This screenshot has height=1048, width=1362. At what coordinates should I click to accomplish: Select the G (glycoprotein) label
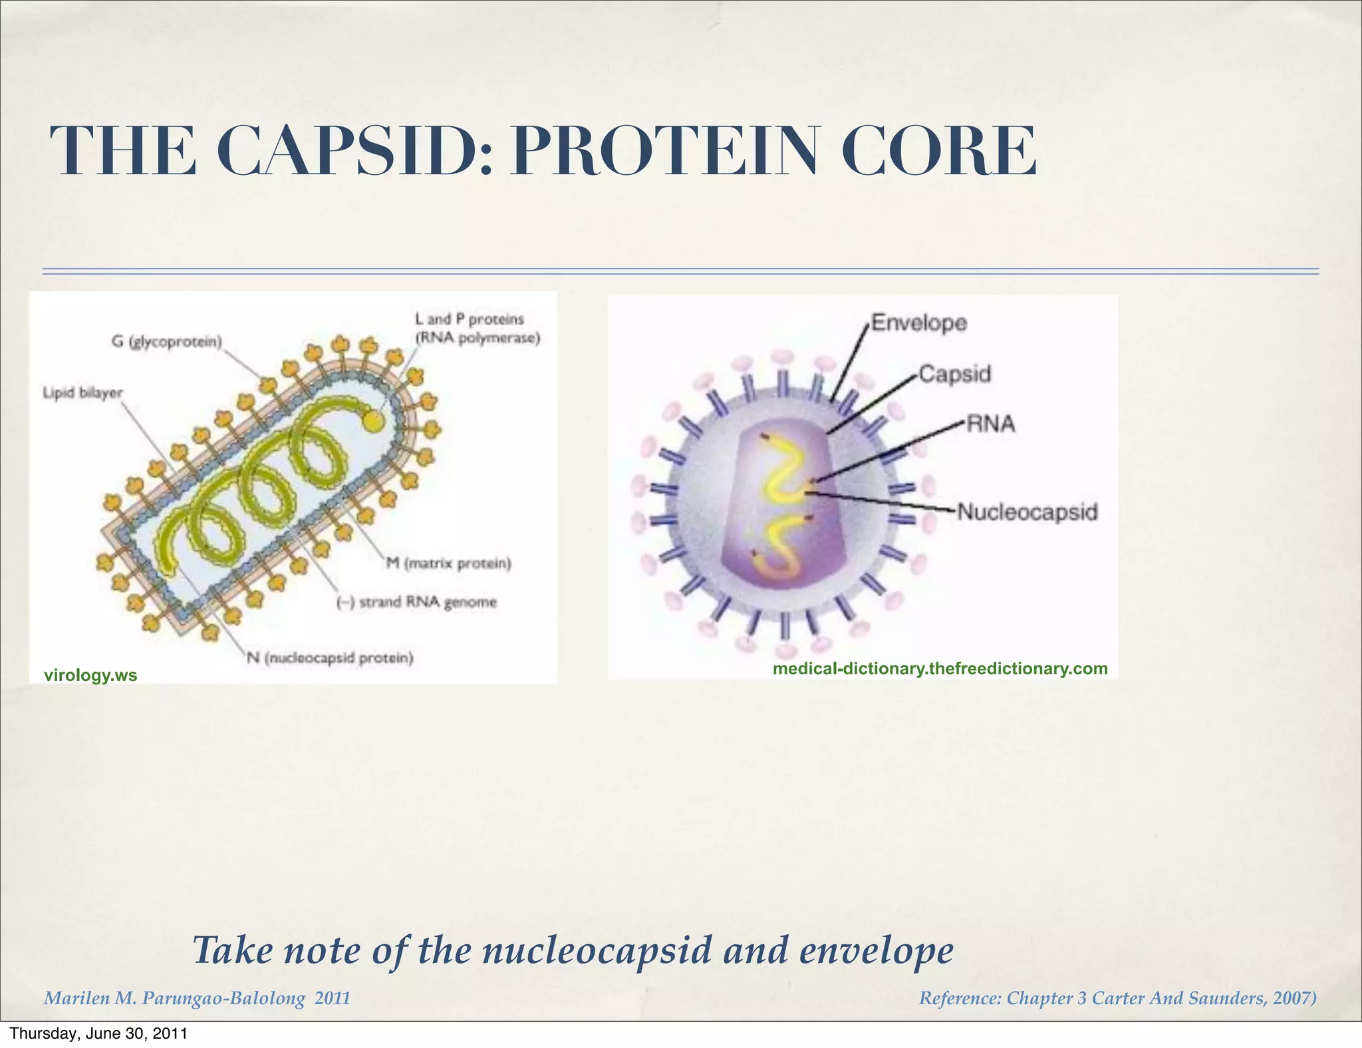pyautogui.click(x=167, y=342)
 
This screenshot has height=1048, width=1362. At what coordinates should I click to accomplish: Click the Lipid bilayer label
pyautogui.click(x=82, y=392)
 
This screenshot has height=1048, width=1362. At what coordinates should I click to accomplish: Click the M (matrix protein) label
pyautogui.click(x=449, y=564)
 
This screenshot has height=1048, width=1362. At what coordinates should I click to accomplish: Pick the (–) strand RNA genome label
pyautogui.click(x=417, y=602)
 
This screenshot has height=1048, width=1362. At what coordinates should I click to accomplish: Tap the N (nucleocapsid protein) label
pyautogui.click(x=330, y=658)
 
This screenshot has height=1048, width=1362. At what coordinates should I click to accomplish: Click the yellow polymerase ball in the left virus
pyautogui.click(x=373, y=420)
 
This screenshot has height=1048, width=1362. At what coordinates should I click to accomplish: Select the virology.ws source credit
pyautogui.click(x=90, y=676)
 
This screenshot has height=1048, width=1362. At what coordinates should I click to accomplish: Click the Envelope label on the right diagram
pyautogui.click(x=919, y=323)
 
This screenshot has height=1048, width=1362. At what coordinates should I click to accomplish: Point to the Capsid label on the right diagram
pyautogui.click(x=955, y=374)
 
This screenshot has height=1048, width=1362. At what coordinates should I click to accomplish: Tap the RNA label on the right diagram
pyautogui.click(x=990, y=424)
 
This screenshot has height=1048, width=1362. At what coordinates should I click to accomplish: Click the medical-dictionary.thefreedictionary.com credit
pyautogui.click(x=940, y=668)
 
